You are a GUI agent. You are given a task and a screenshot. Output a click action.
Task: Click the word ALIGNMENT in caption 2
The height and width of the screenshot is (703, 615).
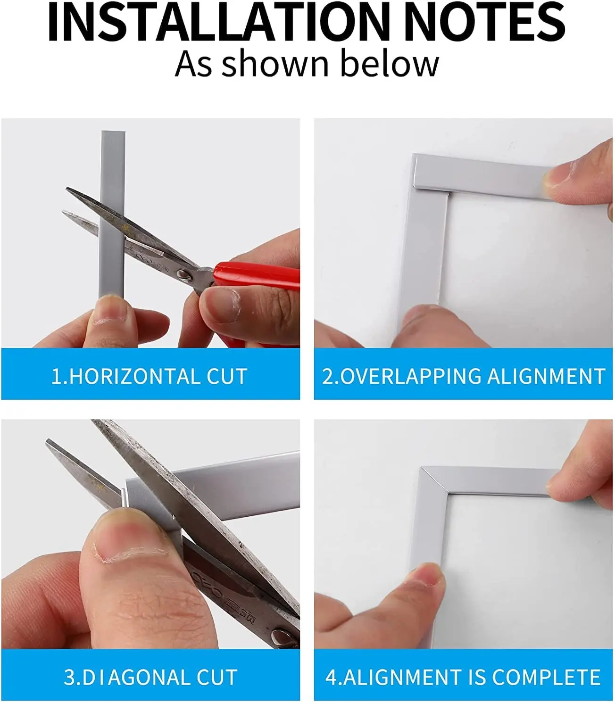546,377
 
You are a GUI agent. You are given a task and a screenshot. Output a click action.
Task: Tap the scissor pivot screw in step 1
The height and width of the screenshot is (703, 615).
182,273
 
